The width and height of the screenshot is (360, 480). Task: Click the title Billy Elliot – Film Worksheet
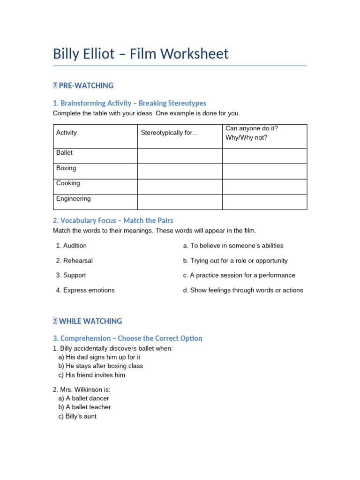141,54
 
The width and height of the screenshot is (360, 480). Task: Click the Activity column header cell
67,133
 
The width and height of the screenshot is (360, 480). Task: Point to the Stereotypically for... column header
169,133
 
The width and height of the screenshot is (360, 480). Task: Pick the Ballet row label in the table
65,153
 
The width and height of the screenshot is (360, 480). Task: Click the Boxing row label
66,168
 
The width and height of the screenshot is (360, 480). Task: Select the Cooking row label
68,183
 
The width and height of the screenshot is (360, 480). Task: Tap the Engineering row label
74,199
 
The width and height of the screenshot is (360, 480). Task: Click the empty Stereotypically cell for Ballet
180,156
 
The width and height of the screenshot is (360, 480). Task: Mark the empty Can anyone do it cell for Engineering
264,202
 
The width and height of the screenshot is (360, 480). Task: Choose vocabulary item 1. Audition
71,246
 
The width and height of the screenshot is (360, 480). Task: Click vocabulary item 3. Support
71,275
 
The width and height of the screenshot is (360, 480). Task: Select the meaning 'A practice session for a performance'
239,275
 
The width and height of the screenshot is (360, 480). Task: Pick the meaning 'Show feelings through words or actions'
243,290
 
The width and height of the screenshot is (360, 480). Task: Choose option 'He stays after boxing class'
101,366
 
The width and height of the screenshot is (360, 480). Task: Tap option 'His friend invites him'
92,375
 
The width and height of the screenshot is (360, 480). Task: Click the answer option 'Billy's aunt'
77,416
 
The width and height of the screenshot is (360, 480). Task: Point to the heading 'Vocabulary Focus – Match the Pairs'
113,220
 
